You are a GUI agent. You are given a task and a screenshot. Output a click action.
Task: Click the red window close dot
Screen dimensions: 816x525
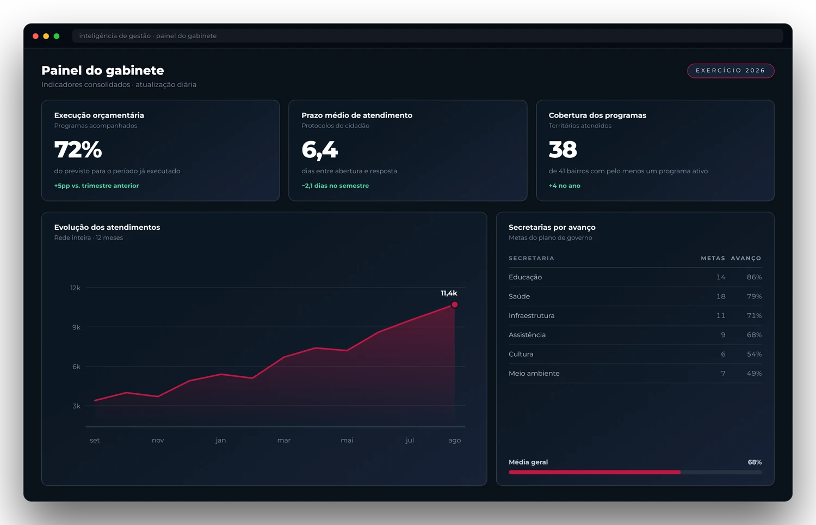35,36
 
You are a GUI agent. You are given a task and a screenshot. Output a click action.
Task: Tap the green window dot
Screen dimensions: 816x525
57,36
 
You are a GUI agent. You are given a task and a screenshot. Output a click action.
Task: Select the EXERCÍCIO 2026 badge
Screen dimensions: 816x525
731,70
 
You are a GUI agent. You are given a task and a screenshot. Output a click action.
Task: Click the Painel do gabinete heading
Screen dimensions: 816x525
103,70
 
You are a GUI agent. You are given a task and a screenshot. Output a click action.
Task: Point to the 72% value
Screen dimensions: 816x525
78,149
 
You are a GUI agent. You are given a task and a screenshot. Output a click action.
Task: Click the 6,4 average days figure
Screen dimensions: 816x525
319,150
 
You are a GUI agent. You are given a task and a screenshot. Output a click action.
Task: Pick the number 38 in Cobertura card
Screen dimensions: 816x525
563,149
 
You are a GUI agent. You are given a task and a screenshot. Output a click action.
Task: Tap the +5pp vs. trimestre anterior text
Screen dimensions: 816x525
96,186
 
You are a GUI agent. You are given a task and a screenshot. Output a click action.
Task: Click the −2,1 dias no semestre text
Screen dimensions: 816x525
335,186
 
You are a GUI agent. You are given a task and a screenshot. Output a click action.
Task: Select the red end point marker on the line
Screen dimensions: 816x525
454,304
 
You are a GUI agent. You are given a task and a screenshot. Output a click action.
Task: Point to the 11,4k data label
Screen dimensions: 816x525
449,293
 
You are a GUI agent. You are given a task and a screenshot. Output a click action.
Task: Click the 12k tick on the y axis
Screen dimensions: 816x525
76,288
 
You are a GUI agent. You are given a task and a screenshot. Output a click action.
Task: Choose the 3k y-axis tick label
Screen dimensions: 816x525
77,406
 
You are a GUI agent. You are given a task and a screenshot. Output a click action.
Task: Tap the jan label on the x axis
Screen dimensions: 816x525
221,441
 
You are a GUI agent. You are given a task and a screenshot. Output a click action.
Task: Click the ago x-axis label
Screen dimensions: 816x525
454,441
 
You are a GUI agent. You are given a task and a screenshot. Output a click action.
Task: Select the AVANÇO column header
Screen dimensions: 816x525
746,258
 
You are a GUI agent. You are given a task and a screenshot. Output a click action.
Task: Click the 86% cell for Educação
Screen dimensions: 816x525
754,277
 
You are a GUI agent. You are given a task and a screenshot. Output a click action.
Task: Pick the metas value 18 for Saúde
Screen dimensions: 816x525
721,296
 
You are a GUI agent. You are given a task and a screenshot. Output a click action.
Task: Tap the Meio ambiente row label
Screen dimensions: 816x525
534,374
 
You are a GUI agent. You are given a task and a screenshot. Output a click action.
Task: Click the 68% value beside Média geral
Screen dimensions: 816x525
755,462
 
